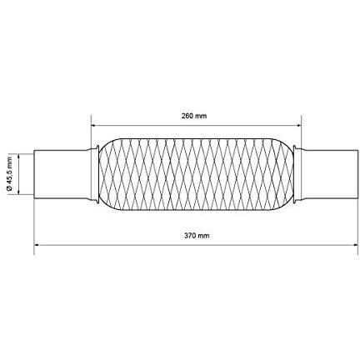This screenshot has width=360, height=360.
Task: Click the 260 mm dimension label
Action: point(194,116)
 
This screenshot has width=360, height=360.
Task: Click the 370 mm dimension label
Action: point(197,236)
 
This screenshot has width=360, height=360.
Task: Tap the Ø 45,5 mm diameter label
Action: point(10,174)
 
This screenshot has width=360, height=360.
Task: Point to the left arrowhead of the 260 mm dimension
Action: point(93,126)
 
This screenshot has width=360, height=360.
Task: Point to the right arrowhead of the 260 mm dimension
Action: point(299,126)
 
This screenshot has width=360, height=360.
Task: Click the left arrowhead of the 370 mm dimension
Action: point(37,245)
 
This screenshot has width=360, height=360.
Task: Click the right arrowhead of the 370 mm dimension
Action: point(355,245)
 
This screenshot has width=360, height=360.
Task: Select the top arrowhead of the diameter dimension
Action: point(18,157)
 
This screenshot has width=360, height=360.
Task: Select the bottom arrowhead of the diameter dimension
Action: point(18,192)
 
